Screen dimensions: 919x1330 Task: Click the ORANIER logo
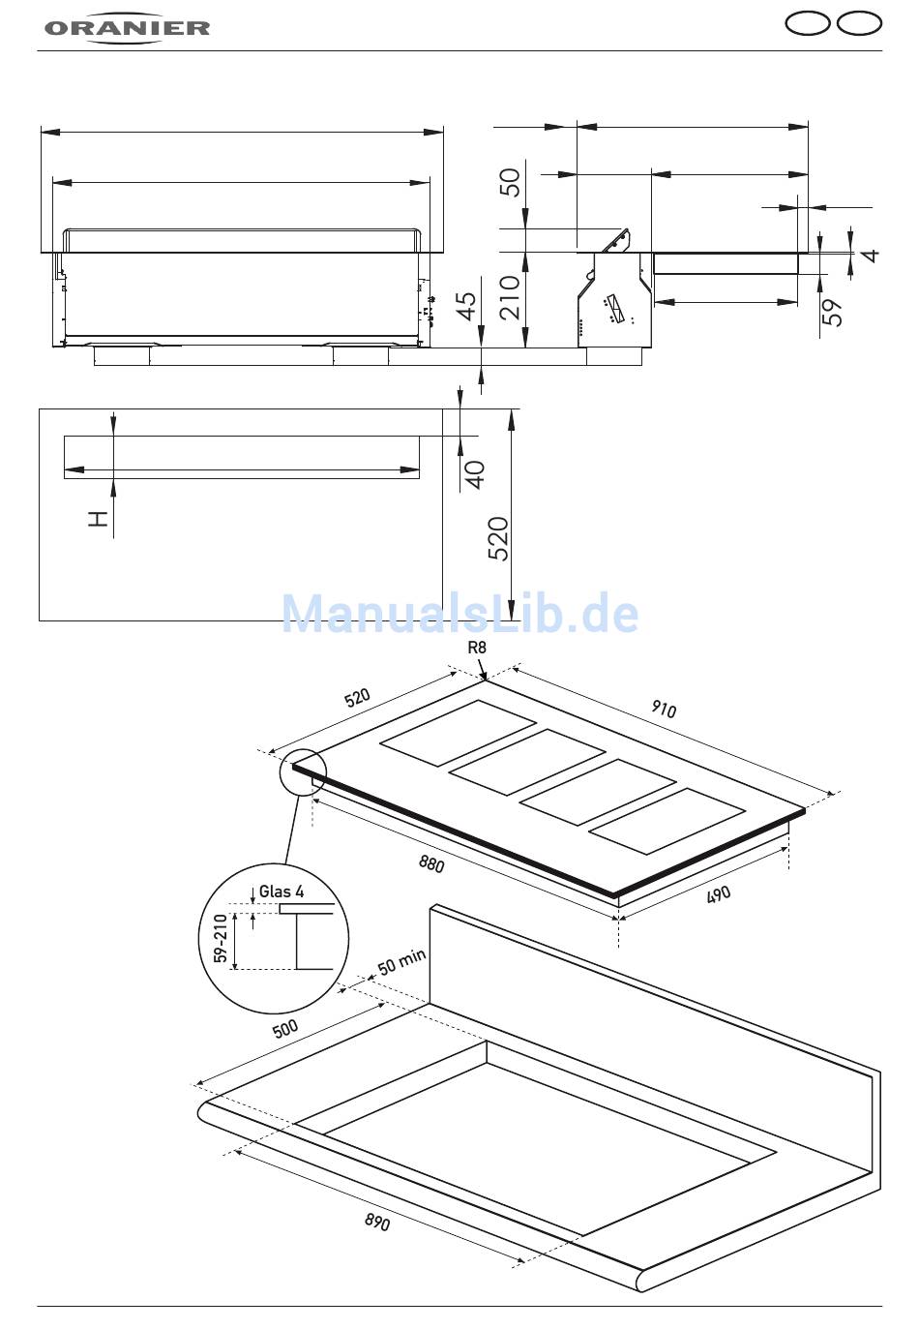pyautogui.click(x=127, y=27)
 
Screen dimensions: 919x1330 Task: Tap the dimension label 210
pyautogui.click(x=510, y=297)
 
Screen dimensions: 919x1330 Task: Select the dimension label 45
pyautogui.click(x=467, y=306)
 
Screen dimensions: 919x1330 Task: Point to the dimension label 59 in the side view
pyautogui.click(x=832, y=312)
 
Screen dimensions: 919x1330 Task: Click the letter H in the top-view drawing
pyautogui.click(x=99, y=518)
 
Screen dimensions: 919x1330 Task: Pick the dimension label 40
pyautogui.click(x=475, y=474)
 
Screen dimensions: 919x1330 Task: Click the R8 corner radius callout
pyautogui.click(x=477, y=648)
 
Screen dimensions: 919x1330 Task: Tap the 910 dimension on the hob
pyautogui.click(x=664, y=709)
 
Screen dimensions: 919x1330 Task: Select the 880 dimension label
pyautogui.click(x=431, y=863)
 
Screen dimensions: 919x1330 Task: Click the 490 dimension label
pyautogui.click(x=719, y=894)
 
